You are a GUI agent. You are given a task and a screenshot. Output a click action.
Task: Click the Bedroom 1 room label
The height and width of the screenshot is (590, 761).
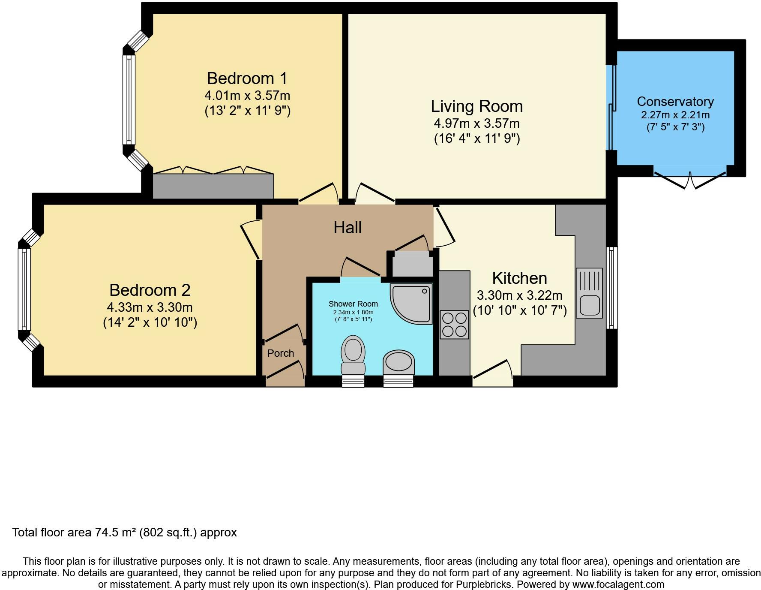click(x=247, y=78)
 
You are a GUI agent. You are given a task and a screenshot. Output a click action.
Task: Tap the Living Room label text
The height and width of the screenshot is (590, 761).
click(x=476, y=106)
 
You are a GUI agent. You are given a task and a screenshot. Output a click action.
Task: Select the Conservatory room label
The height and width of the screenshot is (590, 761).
click(x=675, y=102)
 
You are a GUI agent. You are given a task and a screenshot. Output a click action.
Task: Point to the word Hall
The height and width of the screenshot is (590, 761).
click(x=348, y=228)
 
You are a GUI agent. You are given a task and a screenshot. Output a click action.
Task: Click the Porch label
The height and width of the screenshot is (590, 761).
click(x=281, y=353)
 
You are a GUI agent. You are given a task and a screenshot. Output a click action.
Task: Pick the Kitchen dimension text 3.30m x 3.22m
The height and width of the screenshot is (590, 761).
click(x=519, y=295)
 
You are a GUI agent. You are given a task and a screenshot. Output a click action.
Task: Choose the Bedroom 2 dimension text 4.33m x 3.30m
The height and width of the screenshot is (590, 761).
click(x=150, y=307)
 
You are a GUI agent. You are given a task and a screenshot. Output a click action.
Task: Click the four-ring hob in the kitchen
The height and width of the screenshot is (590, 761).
click(x=454, y=325)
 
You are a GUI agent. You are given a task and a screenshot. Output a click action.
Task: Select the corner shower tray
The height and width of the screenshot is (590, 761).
click(x=411, y=304)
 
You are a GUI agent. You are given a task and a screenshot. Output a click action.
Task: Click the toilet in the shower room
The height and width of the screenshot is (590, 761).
click(x=353, y=355)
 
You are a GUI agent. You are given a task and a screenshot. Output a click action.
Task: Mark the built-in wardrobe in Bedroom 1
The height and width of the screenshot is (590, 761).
click(x=213, y=186)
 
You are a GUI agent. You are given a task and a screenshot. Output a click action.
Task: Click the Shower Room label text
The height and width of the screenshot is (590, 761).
click(x=353, y=304)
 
